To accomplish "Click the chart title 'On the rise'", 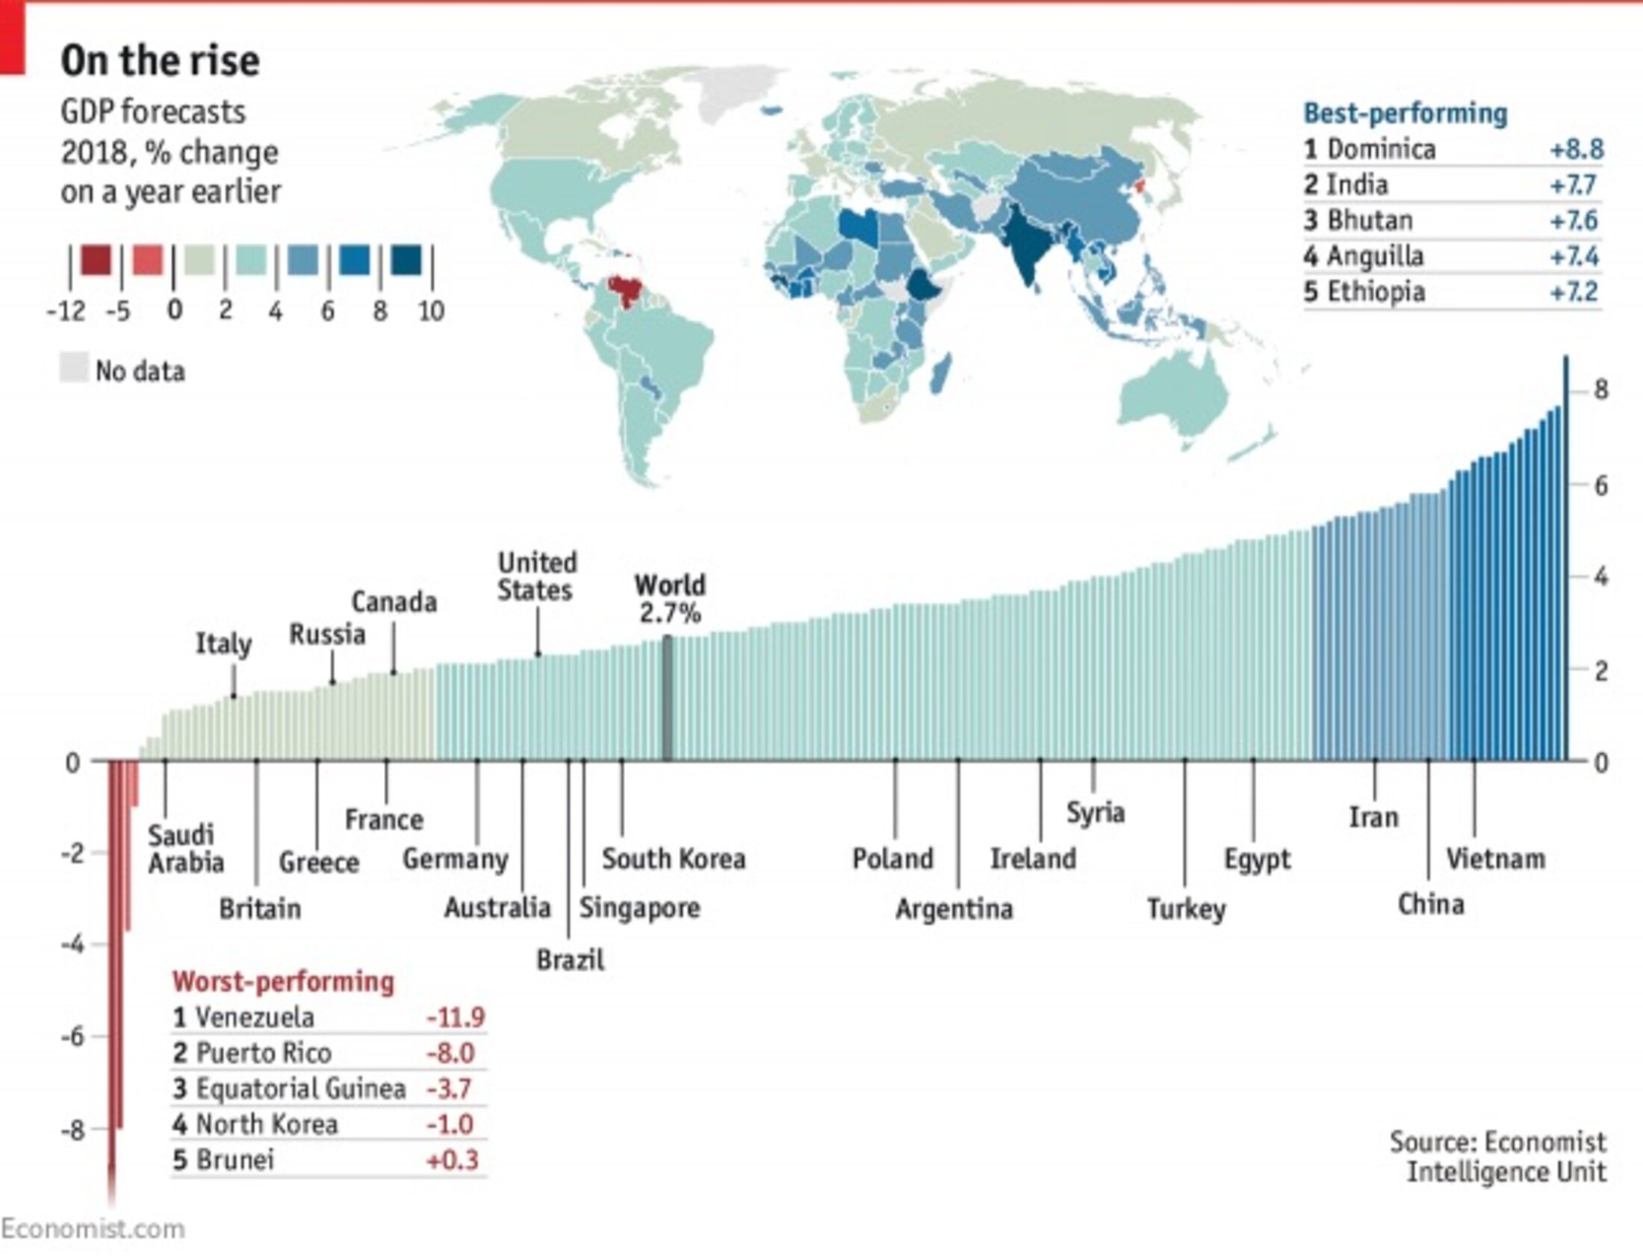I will (160, 61).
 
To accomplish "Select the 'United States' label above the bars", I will (536, 576).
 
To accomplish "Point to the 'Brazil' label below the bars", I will (570, 959).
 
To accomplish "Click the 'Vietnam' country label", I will (1495, 859).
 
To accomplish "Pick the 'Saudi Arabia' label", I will (184, 849).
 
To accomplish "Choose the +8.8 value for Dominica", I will (1577, 149).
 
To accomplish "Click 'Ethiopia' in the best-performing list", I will (1376, 291).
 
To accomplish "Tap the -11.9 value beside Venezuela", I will (455, 1018).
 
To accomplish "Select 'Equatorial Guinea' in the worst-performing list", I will (300, 1089).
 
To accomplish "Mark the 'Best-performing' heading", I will (1406, 114).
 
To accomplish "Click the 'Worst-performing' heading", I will (283, 982).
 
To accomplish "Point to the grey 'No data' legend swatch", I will (74, 368).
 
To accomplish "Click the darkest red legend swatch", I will (96, 261).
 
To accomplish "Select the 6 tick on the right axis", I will (1600, 486).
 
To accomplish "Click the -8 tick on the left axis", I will (72, 1130).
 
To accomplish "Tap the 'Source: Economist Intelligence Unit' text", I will (1498, 1157).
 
